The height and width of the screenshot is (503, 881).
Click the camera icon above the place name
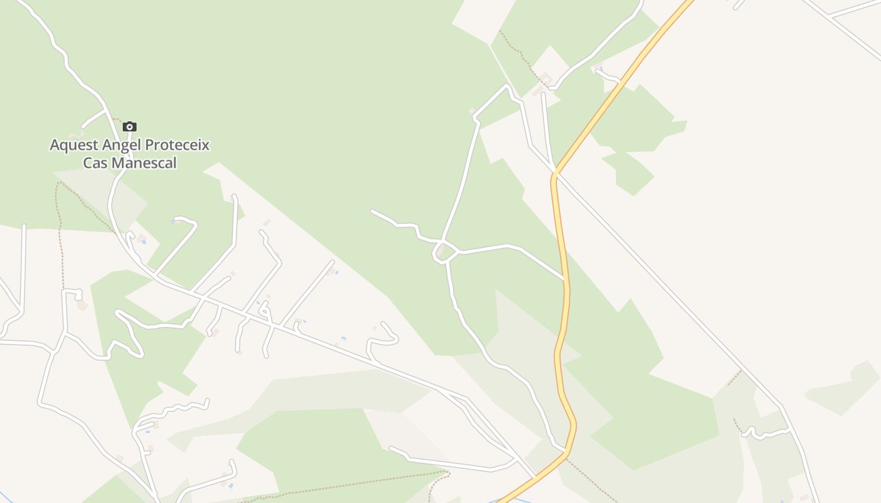click(130, 127)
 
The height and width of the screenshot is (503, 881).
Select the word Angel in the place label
click(121, 145)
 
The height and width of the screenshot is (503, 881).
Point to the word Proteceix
click(177, 145)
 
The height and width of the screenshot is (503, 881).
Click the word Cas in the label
click(96, 163)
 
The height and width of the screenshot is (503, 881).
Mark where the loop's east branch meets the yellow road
click(564, 279)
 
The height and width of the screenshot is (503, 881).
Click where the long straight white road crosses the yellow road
click(556, 172)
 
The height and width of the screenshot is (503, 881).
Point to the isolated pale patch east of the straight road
click(843, 387)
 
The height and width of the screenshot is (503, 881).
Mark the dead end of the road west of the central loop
click(372, 211)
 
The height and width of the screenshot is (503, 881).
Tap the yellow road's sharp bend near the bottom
click(573, 425)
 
